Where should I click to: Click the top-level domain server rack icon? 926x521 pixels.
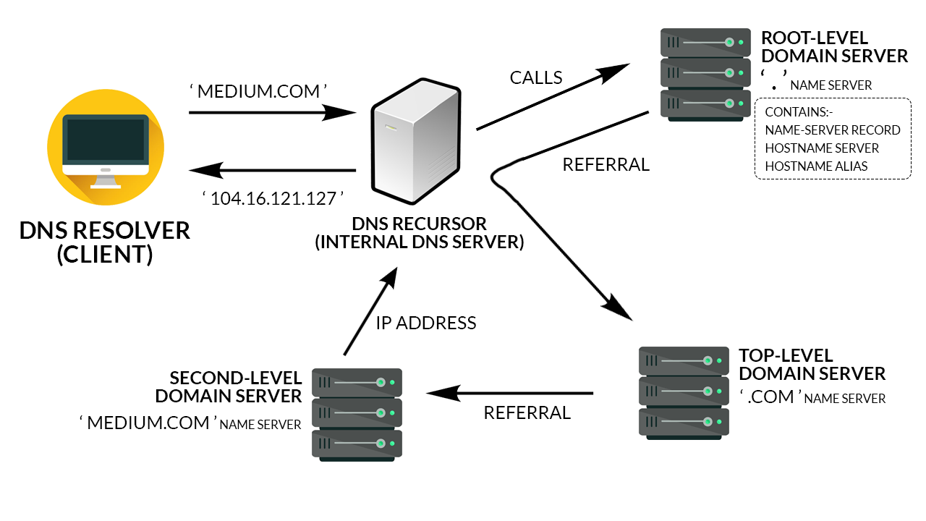684,392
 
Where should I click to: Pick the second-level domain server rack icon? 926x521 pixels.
357,414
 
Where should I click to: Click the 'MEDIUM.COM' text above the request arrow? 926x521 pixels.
258,92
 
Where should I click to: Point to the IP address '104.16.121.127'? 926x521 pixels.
272,198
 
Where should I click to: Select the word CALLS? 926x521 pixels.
536,78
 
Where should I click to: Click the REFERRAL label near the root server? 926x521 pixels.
606,165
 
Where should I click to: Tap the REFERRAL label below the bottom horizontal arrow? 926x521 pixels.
527,413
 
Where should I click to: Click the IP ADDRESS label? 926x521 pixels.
425,323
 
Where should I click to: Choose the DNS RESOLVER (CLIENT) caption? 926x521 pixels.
105,242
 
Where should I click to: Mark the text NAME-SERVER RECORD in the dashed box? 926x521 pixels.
832,130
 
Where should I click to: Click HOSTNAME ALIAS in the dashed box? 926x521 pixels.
816,166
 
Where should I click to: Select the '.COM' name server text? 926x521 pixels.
770,397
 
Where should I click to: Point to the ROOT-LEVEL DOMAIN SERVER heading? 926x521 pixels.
833,47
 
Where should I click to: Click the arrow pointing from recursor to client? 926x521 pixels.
272,171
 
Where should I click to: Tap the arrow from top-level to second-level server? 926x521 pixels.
509,394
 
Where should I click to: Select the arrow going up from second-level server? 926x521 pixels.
370,311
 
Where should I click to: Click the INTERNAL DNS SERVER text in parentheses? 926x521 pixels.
419,242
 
